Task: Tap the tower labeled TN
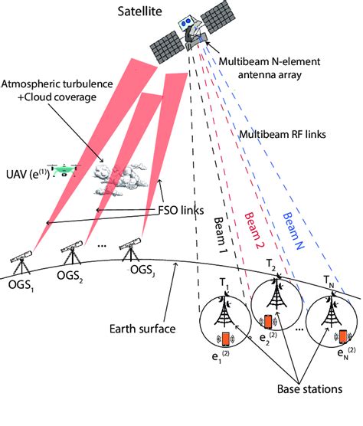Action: (x=332, y=305)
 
